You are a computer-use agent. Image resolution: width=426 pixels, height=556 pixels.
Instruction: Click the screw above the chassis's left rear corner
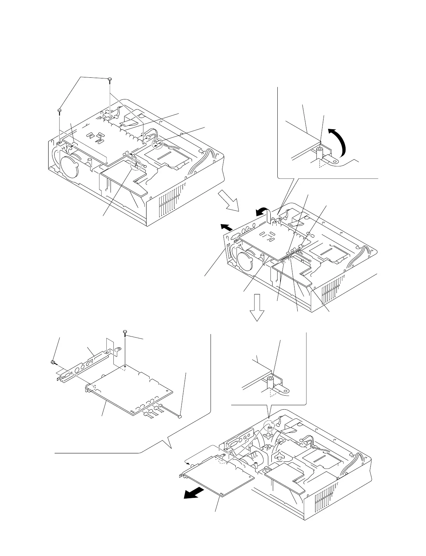(59, 111)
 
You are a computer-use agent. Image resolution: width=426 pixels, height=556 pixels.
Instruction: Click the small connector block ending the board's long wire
(180, 417)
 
